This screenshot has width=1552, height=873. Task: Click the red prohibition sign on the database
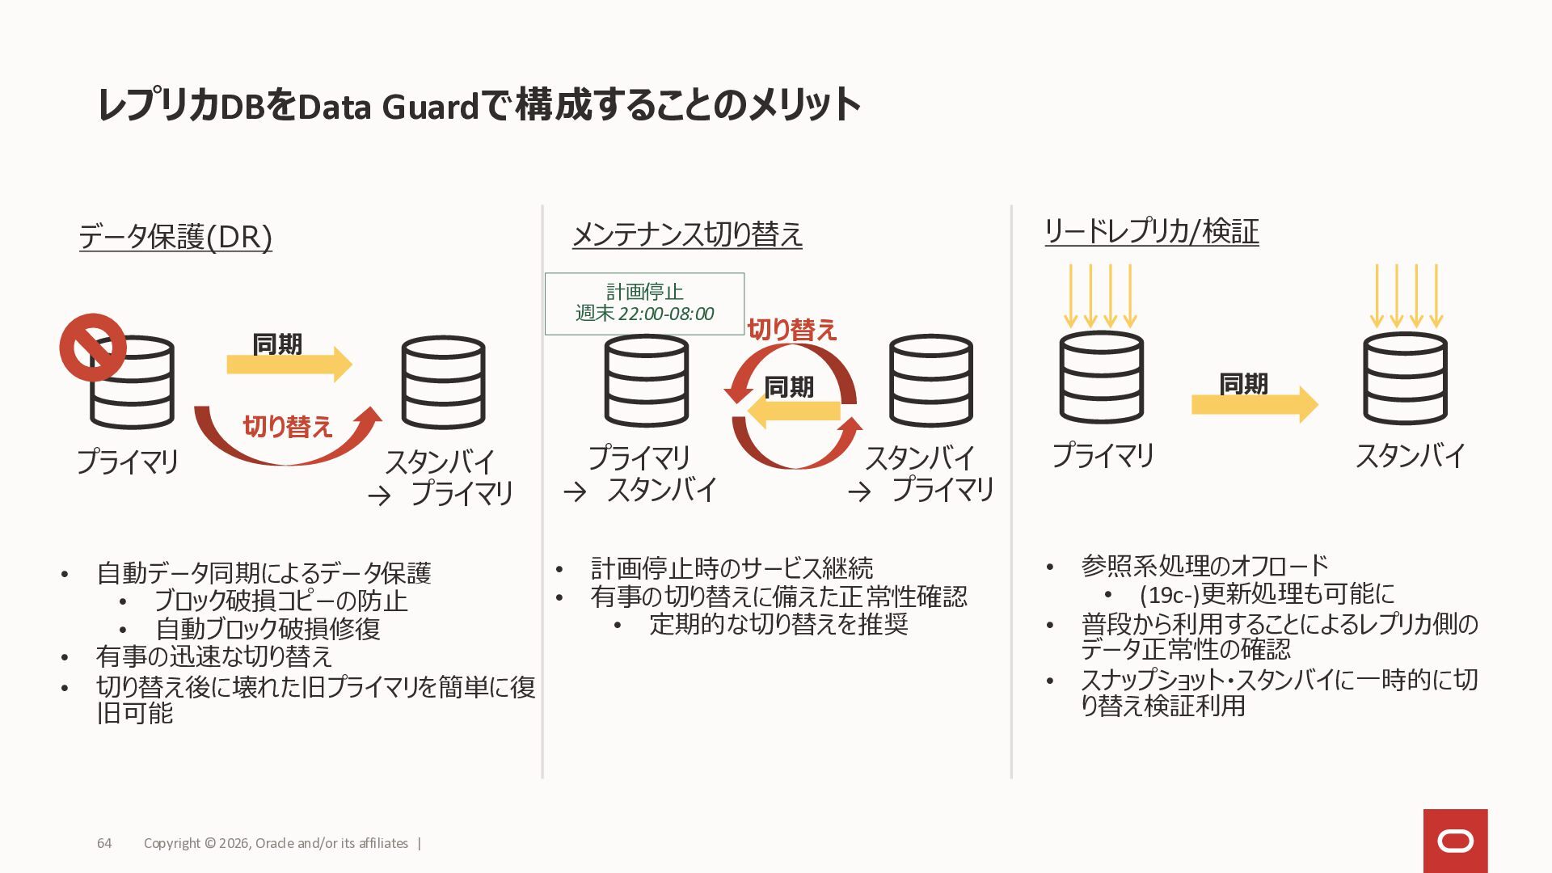93,348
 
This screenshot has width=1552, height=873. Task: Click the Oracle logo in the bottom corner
1455,841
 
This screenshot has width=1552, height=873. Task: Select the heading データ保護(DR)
175,237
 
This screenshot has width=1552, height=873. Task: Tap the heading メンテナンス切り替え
687,234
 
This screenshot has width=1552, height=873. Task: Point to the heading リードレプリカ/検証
1151,231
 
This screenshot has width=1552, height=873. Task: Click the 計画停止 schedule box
644,303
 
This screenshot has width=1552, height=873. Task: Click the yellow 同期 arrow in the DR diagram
289,365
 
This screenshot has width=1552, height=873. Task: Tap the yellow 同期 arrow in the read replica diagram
1254,403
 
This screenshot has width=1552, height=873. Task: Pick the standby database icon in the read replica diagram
1405,378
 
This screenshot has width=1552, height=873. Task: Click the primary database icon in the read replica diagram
1101,378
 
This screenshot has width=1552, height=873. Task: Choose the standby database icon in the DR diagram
443,382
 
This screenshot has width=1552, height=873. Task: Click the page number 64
104,843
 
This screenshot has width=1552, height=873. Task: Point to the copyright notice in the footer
276,843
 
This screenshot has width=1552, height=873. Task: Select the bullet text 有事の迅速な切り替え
214,656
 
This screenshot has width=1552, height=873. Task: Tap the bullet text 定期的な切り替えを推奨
778,624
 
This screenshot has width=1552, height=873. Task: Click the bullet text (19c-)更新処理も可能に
1267,594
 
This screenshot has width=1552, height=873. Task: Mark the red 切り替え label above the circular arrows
791,330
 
